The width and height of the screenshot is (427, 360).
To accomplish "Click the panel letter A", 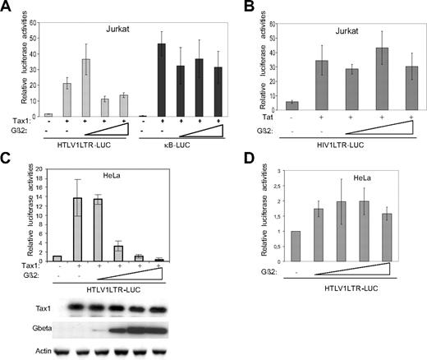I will [7, 7].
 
